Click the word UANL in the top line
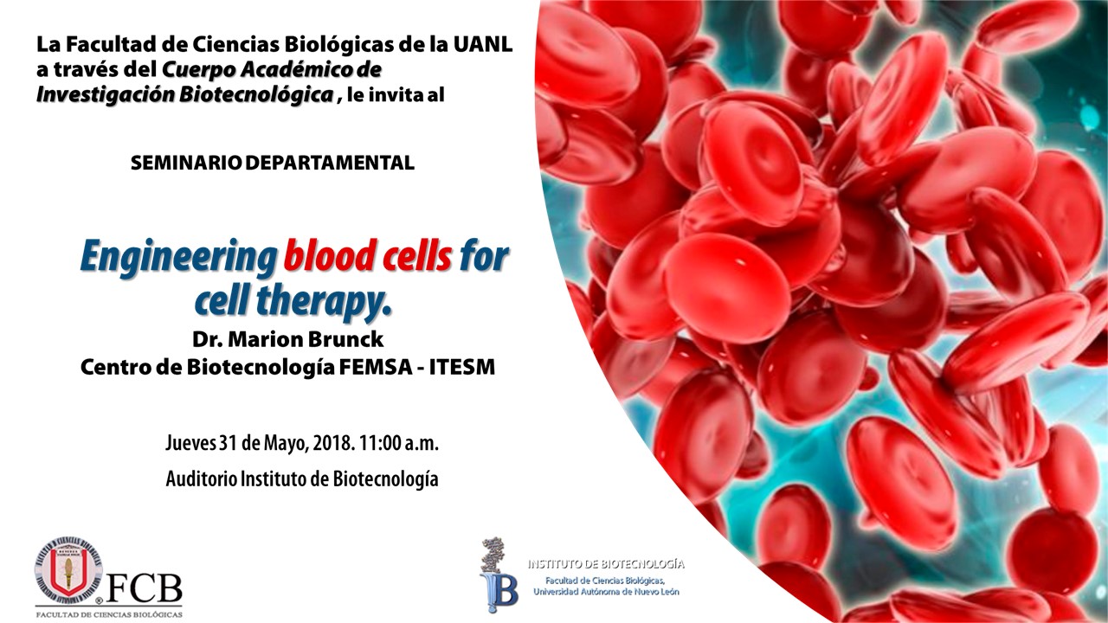click(x=482, y=45)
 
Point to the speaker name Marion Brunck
click(x=306, y=339)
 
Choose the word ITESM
click(x=462, y=367)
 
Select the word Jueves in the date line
click(x=190, y=443)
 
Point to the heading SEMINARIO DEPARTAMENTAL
click(x=273, y=163)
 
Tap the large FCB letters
click(x=145, y=588)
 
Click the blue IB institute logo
click(x=499, y=576)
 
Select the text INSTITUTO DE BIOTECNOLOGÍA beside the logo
click(x=606, y=564)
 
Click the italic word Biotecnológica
click(x=256, y=95)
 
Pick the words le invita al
click(x=396, y=95)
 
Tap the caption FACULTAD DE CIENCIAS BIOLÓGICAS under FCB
click(x=109, y=614)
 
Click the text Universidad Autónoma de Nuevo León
click(x=606, y=592)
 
